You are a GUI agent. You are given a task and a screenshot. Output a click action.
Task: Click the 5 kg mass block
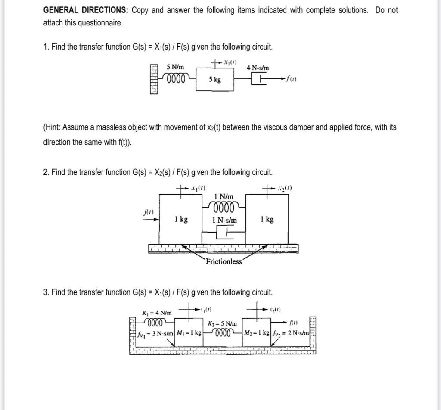point(215,79)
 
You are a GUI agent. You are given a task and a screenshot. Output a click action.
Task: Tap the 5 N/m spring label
point(175,67)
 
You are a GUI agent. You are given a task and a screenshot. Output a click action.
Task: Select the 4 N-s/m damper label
point(258,68)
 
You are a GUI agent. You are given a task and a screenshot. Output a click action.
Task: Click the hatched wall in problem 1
point(155,79)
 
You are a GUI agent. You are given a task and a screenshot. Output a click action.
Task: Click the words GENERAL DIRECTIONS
point(86,10)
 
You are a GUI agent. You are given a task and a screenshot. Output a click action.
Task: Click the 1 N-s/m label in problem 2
point(224,220)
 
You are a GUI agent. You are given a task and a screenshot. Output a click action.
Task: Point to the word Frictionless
point(224,261)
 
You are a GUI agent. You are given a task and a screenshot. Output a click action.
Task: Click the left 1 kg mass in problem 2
point(181,219)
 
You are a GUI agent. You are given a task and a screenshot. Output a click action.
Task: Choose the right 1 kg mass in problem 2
point(267,219)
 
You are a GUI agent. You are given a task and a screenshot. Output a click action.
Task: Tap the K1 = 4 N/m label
point(157,312)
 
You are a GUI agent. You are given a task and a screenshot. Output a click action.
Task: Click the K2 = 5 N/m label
point(222,323)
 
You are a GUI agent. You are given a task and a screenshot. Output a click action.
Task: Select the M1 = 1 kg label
point(189,333)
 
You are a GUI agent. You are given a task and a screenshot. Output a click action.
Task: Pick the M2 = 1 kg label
point(257,333)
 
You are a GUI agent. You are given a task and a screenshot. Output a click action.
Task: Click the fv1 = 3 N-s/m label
point(156,333)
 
